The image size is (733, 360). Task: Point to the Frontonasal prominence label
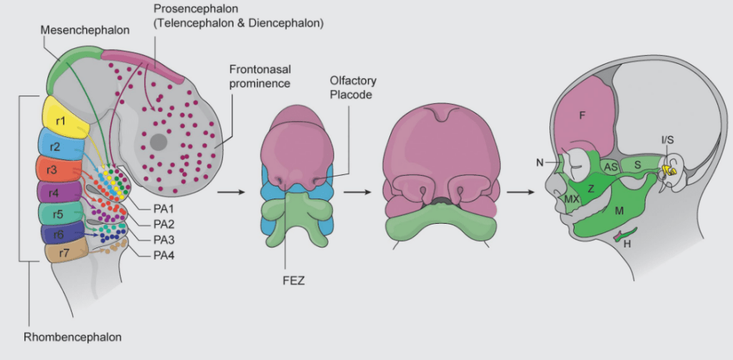point(260,77)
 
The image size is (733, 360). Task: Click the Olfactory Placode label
point(353,87)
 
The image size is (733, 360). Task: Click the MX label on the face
point(572,199)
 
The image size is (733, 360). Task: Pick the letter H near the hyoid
point(627,244)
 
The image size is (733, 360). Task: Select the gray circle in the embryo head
point(159,143)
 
